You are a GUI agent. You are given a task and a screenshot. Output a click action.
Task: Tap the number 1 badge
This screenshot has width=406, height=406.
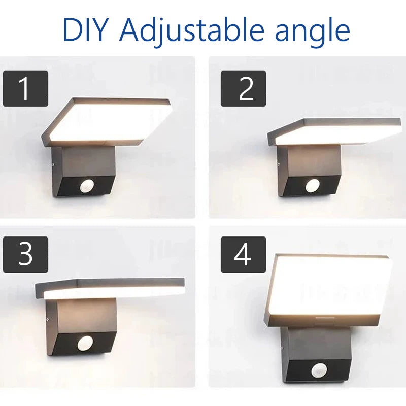(x=25, y=88)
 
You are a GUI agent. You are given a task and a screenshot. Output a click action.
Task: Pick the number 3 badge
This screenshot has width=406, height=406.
(x=25, y=254)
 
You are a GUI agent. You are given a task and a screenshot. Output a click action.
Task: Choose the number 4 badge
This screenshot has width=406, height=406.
(x=243, y=254)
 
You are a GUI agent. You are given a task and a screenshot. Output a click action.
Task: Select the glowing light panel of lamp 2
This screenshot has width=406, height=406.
(x=335, y=133)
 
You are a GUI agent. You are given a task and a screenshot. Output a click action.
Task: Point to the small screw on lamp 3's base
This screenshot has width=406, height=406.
(x=47, y=320)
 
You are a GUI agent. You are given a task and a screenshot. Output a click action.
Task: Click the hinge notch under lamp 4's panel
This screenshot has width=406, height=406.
(x=321, y=320)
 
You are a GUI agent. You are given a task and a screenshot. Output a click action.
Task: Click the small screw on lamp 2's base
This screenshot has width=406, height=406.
(x=279, y=164)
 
